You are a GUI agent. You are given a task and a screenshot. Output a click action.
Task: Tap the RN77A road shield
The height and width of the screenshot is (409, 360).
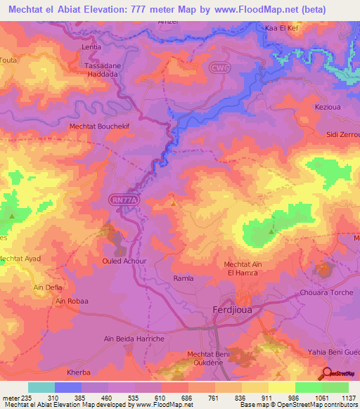pyautogui.click(x=124, y=200)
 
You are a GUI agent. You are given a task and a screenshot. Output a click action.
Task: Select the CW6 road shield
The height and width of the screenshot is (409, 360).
pyautogui.click(x=219, y=67)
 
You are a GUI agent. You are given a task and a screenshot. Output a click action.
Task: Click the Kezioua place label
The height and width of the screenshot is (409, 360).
pyautogui.click(x=328, y=107)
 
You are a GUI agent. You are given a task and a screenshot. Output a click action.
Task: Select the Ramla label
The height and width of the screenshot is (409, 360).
pyautogui.click(x=184, y=278)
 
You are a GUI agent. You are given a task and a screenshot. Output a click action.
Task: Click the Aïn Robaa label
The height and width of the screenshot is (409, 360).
pyautogui.click(x=72, y=301)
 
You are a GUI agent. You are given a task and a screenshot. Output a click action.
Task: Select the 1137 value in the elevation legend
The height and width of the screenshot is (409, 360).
pyautogui.click(x=349, y=397)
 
